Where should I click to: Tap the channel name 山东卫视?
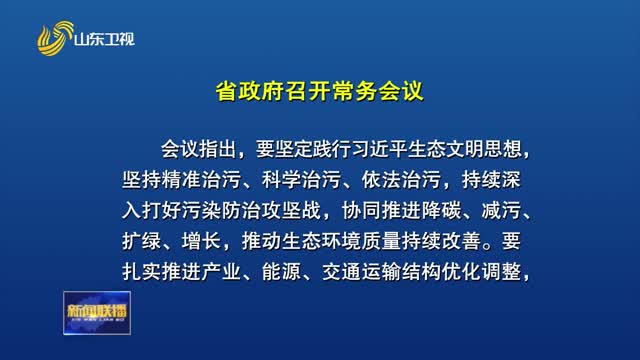(104, 40)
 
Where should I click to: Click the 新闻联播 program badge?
(97, 313)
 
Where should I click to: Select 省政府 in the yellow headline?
(250, 91)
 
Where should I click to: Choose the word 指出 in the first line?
(220, 149)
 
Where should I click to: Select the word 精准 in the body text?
(181, 180)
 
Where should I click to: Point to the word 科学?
(281, 180)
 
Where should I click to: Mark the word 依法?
(381, 180)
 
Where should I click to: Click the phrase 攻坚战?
(292, 211)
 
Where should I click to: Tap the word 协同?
(362, 211)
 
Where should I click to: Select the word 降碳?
(442, 211)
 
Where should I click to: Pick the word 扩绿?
(141, 241)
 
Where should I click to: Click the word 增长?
(201, 241)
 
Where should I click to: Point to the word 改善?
(462, 241)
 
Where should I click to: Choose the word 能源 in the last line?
(281, 272)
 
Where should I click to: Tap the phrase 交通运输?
(361, 272)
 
